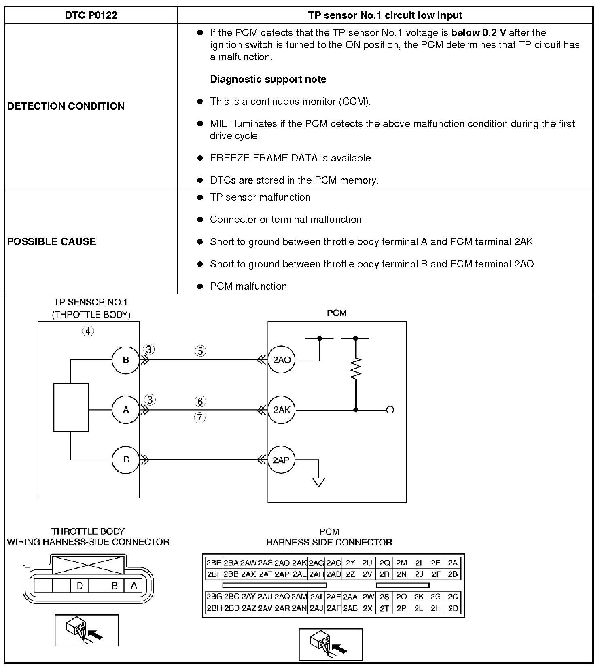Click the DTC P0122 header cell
(91, 15)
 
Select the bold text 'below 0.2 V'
(478, 33)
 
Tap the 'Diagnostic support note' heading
(268, 79)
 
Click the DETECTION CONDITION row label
(66, 106)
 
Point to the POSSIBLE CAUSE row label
(51, 241)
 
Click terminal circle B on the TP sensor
(126, 360)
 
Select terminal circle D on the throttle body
(126, 459)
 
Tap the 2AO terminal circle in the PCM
(282, 360)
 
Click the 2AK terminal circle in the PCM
(282, 410)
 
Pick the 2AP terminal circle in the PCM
(281, 460)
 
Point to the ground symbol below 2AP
(319, 482)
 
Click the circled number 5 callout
(201, 351)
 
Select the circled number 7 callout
(200, 418)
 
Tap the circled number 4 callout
(88, 331)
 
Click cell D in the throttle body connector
(80, 586)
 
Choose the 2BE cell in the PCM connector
(214, 563)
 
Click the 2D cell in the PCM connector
(453, 608)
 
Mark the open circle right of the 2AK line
(390, 410)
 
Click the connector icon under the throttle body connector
(86, 630)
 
